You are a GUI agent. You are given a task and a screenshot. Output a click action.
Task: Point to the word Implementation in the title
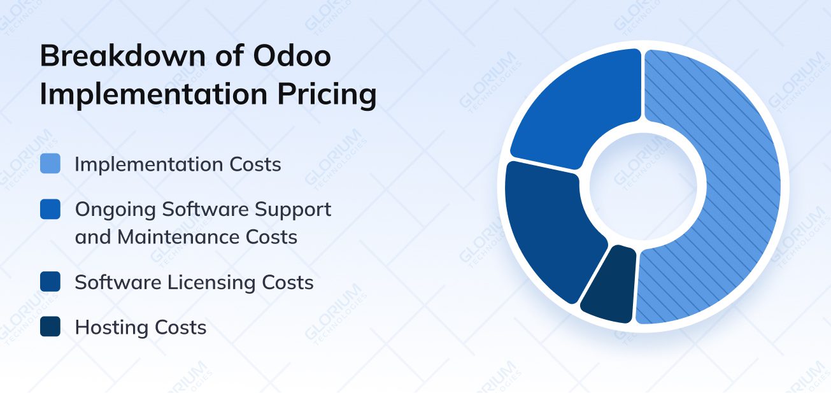[153, 94]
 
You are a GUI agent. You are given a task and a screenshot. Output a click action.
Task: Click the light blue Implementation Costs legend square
[50, 164]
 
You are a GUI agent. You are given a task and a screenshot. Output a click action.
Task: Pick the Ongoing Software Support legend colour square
[50, 210]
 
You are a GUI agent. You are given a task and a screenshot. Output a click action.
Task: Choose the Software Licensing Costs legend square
[50, 282]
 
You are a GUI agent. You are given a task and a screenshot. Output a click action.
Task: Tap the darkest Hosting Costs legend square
[50, 327]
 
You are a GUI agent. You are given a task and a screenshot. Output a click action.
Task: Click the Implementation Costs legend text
[178, 164]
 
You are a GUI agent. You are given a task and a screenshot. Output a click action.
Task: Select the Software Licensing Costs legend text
[194, 282]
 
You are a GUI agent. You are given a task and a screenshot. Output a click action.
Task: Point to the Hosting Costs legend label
[141, 327]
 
